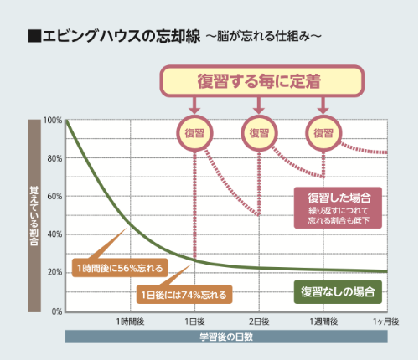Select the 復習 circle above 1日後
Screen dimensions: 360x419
(194, 131)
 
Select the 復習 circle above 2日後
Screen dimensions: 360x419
(259, 131)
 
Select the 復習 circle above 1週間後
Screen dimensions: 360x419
(323, 131)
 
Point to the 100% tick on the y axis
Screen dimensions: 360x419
(53, 121)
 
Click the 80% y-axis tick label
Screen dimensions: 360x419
(54, 158)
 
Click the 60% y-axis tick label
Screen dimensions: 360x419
(54, 197)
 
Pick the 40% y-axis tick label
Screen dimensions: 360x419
(54, 234)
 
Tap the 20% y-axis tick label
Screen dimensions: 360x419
(54, 273)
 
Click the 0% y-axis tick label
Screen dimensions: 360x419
(56, 311)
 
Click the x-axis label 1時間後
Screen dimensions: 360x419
(130, 321)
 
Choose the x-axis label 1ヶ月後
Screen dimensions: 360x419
(385, 321)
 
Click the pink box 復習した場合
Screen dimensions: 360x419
(339, 206)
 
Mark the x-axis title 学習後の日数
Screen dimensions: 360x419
(226, 337)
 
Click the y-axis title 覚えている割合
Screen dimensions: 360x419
(34, 215)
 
